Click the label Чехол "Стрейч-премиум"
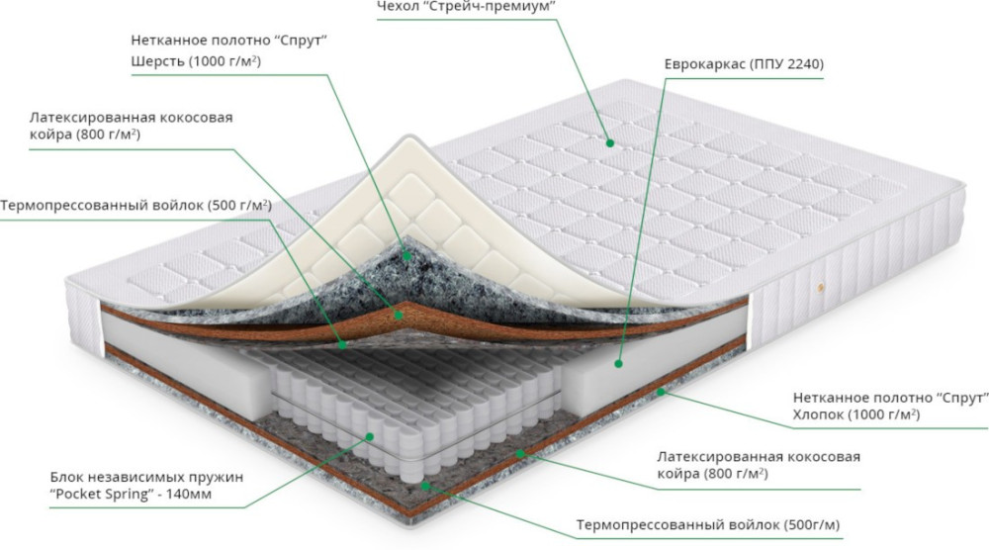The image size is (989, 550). pos(466,6)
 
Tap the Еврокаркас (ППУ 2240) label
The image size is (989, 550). pos(744,64)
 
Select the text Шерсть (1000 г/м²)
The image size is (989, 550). pos(196,61)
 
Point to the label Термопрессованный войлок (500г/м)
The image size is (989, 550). pos(708,524)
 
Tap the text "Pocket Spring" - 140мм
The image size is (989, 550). pos(131,494)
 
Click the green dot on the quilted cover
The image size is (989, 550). pos(610,143)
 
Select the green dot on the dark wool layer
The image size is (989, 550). pos(407,256)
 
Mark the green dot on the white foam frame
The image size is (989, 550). pos(619,364)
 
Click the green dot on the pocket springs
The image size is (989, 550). pos(370,436)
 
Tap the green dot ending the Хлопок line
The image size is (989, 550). pos(661,392)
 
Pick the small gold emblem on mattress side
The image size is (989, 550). pos(821,288)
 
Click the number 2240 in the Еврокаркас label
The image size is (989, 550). pos(801,64)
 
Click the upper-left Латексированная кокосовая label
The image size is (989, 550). pos(132,118)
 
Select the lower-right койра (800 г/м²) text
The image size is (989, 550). pos(712,474)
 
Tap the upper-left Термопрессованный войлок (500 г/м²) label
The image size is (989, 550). pos(136,206)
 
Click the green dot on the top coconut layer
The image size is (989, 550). pos(398,314)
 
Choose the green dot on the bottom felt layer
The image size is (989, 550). pos(425,486)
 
